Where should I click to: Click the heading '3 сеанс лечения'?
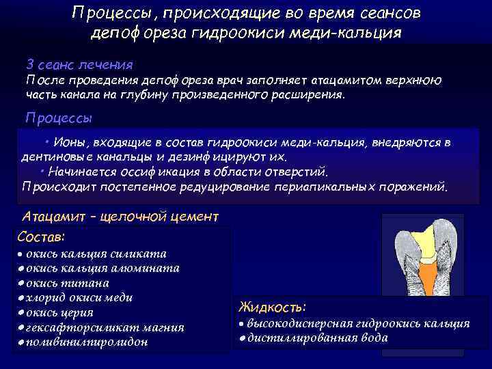tap(79, 64)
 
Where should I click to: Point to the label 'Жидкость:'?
tap(272, 307)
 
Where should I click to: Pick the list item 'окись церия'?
tap(66, 312)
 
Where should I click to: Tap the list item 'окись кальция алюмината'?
tap(102, 268)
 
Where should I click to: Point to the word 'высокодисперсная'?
tap(295, 323)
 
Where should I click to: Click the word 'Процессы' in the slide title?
tap(107, 14)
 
